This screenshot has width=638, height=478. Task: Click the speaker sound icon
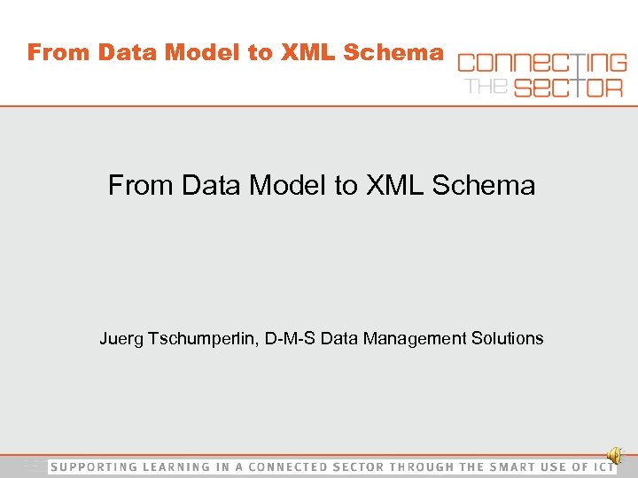[616, 456]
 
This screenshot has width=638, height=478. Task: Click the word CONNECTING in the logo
[541, 63]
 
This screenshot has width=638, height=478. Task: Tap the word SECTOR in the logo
[563, 87]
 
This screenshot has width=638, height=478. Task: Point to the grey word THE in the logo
[483, 85]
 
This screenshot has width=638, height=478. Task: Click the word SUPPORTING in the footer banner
[94, 466]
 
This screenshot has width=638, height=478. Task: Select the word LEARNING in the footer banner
[173, 466]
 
